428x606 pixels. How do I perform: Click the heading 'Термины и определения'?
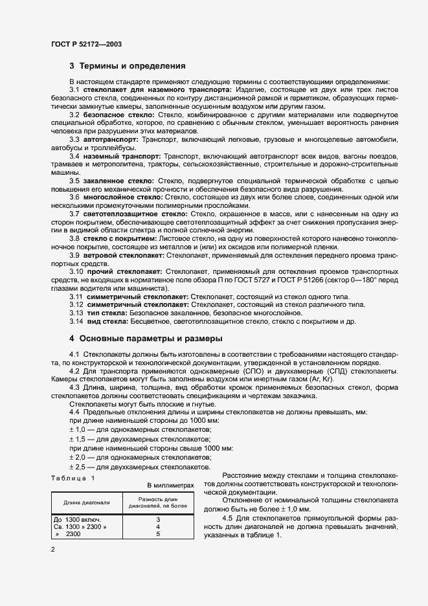132,66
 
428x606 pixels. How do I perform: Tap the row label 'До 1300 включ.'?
78,519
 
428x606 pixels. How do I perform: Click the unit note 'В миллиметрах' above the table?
170,485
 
